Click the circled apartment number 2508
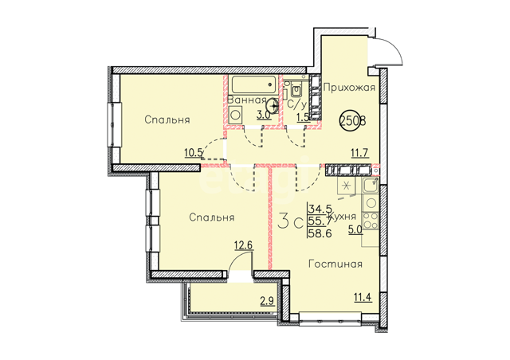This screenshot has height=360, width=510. click(x=353, y=120)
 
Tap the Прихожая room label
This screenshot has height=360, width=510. click(x=349, y=87)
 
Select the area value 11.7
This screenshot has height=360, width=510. click(x=359, y=152)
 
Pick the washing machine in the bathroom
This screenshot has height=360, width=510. click(x=236, y=115)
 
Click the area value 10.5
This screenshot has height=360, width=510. click(x=194, y=152)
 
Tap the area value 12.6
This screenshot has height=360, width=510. click(x=244, y=245)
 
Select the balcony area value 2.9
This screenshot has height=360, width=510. click(x=268, y=301)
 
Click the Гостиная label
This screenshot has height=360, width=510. click(x=335, y=264)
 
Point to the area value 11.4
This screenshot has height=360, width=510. click(x=363, y=297)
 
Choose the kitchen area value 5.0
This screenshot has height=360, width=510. click(x=355, y=230)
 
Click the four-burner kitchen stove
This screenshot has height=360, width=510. click(x=371, y=221)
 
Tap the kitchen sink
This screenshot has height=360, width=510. click(x=370, y=186)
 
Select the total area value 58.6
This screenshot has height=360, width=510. click(x=320, y=233)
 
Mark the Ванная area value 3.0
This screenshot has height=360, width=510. click(x=264, y=115)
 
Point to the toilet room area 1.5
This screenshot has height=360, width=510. click(x=303, y=117)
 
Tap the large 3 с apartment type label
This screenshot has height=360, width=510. click(x=291, y=221)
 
